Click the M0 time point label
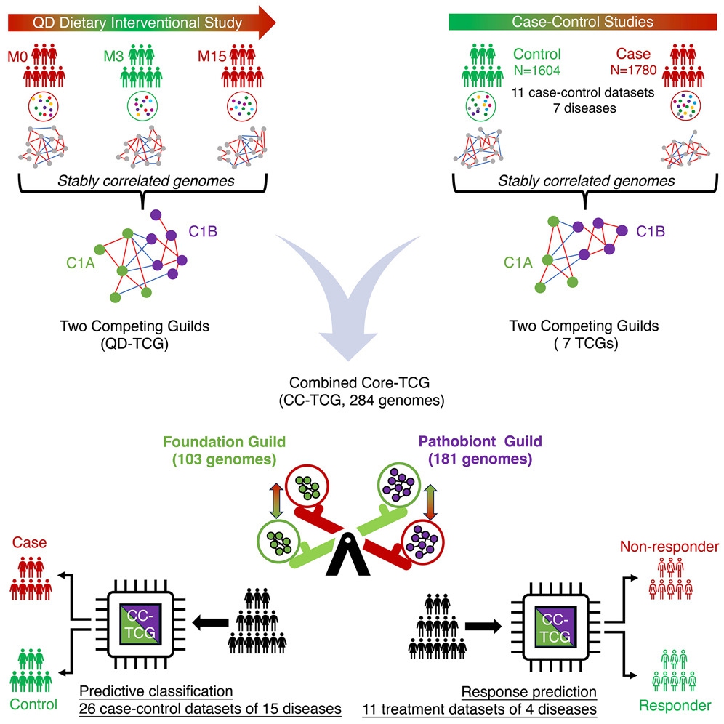point(17,57)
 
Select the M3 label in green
point(113,56)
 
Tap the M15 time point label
point(212,56)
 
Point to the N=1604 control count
point(537,71)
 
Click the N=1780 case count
point(633,70)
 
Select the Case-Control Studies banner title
point(583,22)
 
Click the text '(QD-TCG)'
point(134,344)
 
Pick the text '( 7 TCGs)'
point(586,343)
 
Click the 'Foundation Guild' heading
point(225,442)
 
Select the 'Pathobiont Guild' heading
point(480,441)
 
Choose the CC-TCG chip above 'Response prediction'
point(555,627)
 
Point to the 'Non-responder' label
point(669,547)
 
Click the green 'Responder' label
point(675,706)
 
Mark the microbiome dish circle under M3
point(142,106)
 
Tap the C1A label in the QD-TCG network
point(81,262)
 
